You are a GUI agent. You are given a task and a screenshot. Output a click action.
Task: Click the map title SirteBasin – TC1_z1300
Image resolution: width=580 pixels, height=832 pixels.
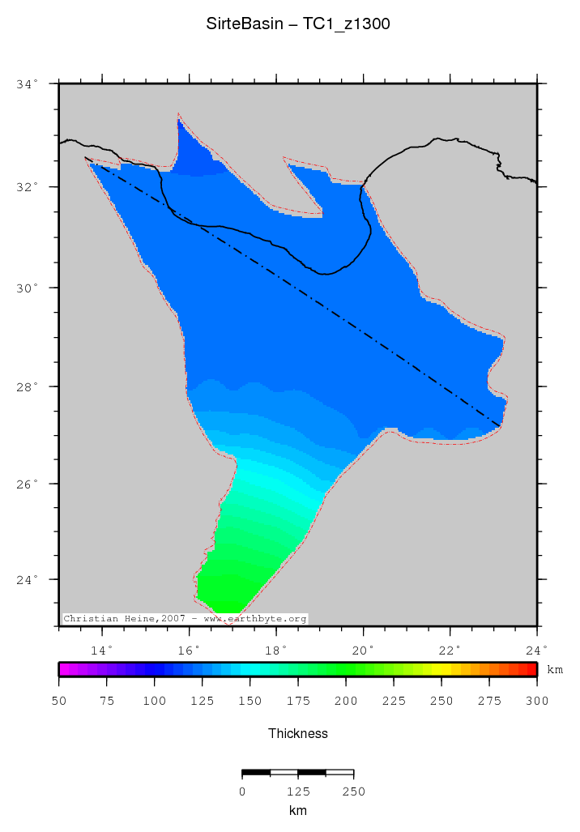click(x=298, y=24)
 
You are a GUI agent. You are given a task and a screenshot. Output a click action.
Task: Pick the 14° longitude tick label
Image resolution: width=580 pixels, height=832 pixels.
click(x=101, y=649)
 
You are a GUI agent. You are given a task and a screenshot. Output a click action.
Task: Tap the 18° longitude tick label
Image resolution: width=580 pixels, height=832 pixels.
click(x=275, y=649)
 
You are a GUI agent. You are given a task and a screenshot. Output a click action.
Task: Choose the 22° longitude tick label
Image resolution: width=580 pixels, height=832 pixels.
click(x=450, y=649)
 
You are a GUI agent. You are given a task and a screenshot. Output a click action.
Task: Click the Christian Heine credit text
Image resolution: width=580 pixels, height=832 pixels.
click(x=185, y=618)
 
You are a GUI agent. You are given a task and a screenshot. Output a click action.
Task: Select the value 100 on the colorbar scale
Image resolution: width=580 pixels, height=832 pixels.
click(x=155, y=701)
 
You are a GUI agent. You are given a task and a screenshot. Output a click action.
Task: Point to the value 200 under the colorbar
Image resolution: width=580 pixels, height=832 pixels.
click(x=346, y=701)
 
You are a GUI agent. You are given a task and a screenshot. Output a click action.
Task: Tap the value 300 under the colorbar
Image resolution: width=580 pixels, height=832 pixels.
click(x=537, y=701)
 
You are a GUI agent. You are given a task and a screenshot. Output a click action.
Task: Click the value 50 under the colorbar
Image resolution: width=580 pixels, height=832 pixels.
click(x=59, y=701)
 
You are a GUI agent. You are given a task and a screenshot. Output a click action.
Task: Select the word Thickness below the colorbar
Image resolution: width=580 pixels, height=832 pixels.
click(x=298, y=733)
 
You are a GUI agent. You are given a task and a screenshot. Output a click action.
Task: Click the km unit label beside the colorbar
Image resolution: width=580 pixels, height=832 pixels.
click(x=555, y=670)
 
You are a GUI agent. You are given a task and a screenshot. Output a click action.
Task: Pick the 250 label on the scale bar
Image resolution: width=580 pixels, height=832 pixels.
click(x=354, y=791)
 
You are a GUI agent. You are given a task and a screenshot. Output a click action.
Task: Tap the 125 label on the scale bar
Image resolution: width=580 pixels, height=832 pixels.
click(x=298, y=791)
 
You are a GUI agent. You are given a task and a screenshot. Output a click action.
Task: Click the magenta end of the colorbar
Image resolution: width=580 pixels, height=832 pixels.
click(x=62, y=669)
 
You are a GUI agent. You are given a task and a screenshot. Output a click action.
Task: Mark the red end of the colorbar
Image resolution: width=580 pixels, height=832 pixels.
click(x=533, y=669)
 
